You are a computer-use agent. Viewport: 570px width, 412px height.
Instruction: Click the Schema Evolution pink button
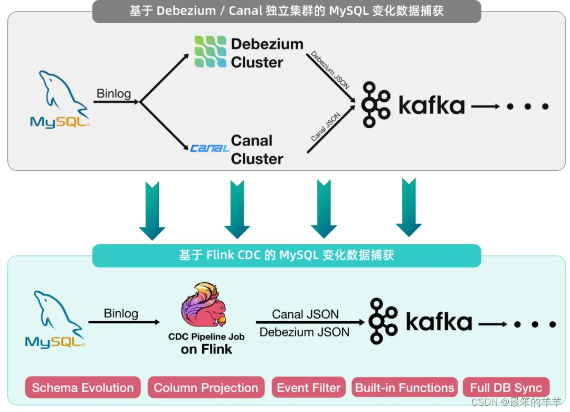[83, 388]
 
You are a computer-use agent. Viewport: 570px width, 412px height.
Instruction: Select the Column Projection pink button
[206, 388]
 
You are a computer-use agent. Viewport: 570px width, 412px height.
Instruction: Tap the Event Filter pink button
[309, 388]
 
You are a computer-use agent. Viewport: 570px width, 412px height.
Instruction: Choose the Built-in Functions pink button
[404, 388]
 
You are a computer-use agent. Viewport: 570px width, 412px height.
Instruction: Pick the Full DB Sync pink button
[506, 388]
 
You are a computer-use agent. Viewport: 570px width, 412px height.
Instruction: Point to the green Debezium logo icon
[210, 52]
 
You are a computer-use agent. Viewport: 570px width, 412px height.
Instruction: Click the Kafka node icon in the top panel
[376, 104]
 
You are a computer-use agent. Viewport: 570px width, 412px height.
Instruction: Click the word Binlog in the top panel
[113, 94]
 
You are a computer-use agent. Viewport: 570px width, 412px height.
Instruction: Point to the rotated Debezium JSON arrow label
[330, 70]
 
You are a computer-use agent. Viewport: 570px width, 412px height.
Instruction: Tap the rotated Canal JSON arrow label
[325, 127]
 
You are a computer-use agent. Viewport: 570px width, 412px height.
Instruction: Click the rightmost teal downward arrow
[409, 207]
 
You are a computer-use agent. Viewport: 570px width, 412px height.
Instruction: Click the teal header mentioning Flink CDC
[287, 255]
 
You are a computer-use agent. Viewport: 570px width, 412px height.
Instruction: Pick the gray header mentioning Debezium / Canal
[287, 11]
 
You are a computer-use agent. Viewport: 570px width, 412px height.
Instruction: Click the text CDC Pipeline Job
[206, 337]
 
